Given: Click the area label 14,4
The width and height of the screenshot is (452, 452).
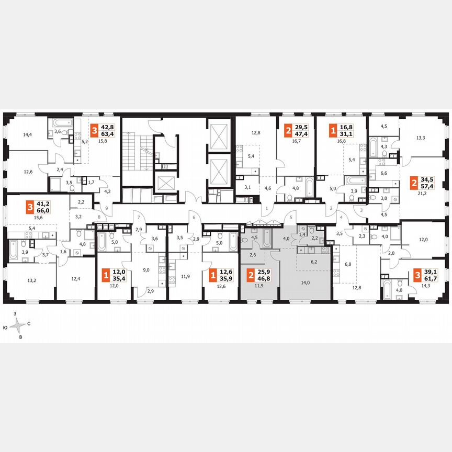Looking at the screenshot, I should coord(28,134).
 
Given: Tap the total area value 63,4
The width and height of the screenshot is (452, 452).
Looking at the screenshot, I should coord(108,137).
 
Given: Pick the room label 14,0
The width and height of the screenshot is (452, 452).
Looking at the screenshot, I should coord(306,282).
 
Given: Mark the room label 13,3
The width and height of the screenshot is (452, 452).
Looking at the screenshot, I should coord(420,139).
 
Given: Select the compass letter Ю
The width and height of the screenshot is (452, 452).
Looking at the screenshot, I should coord(5,327).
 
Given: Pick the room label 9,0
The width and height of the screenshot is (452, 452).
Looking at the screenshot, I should coord(147,270).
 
